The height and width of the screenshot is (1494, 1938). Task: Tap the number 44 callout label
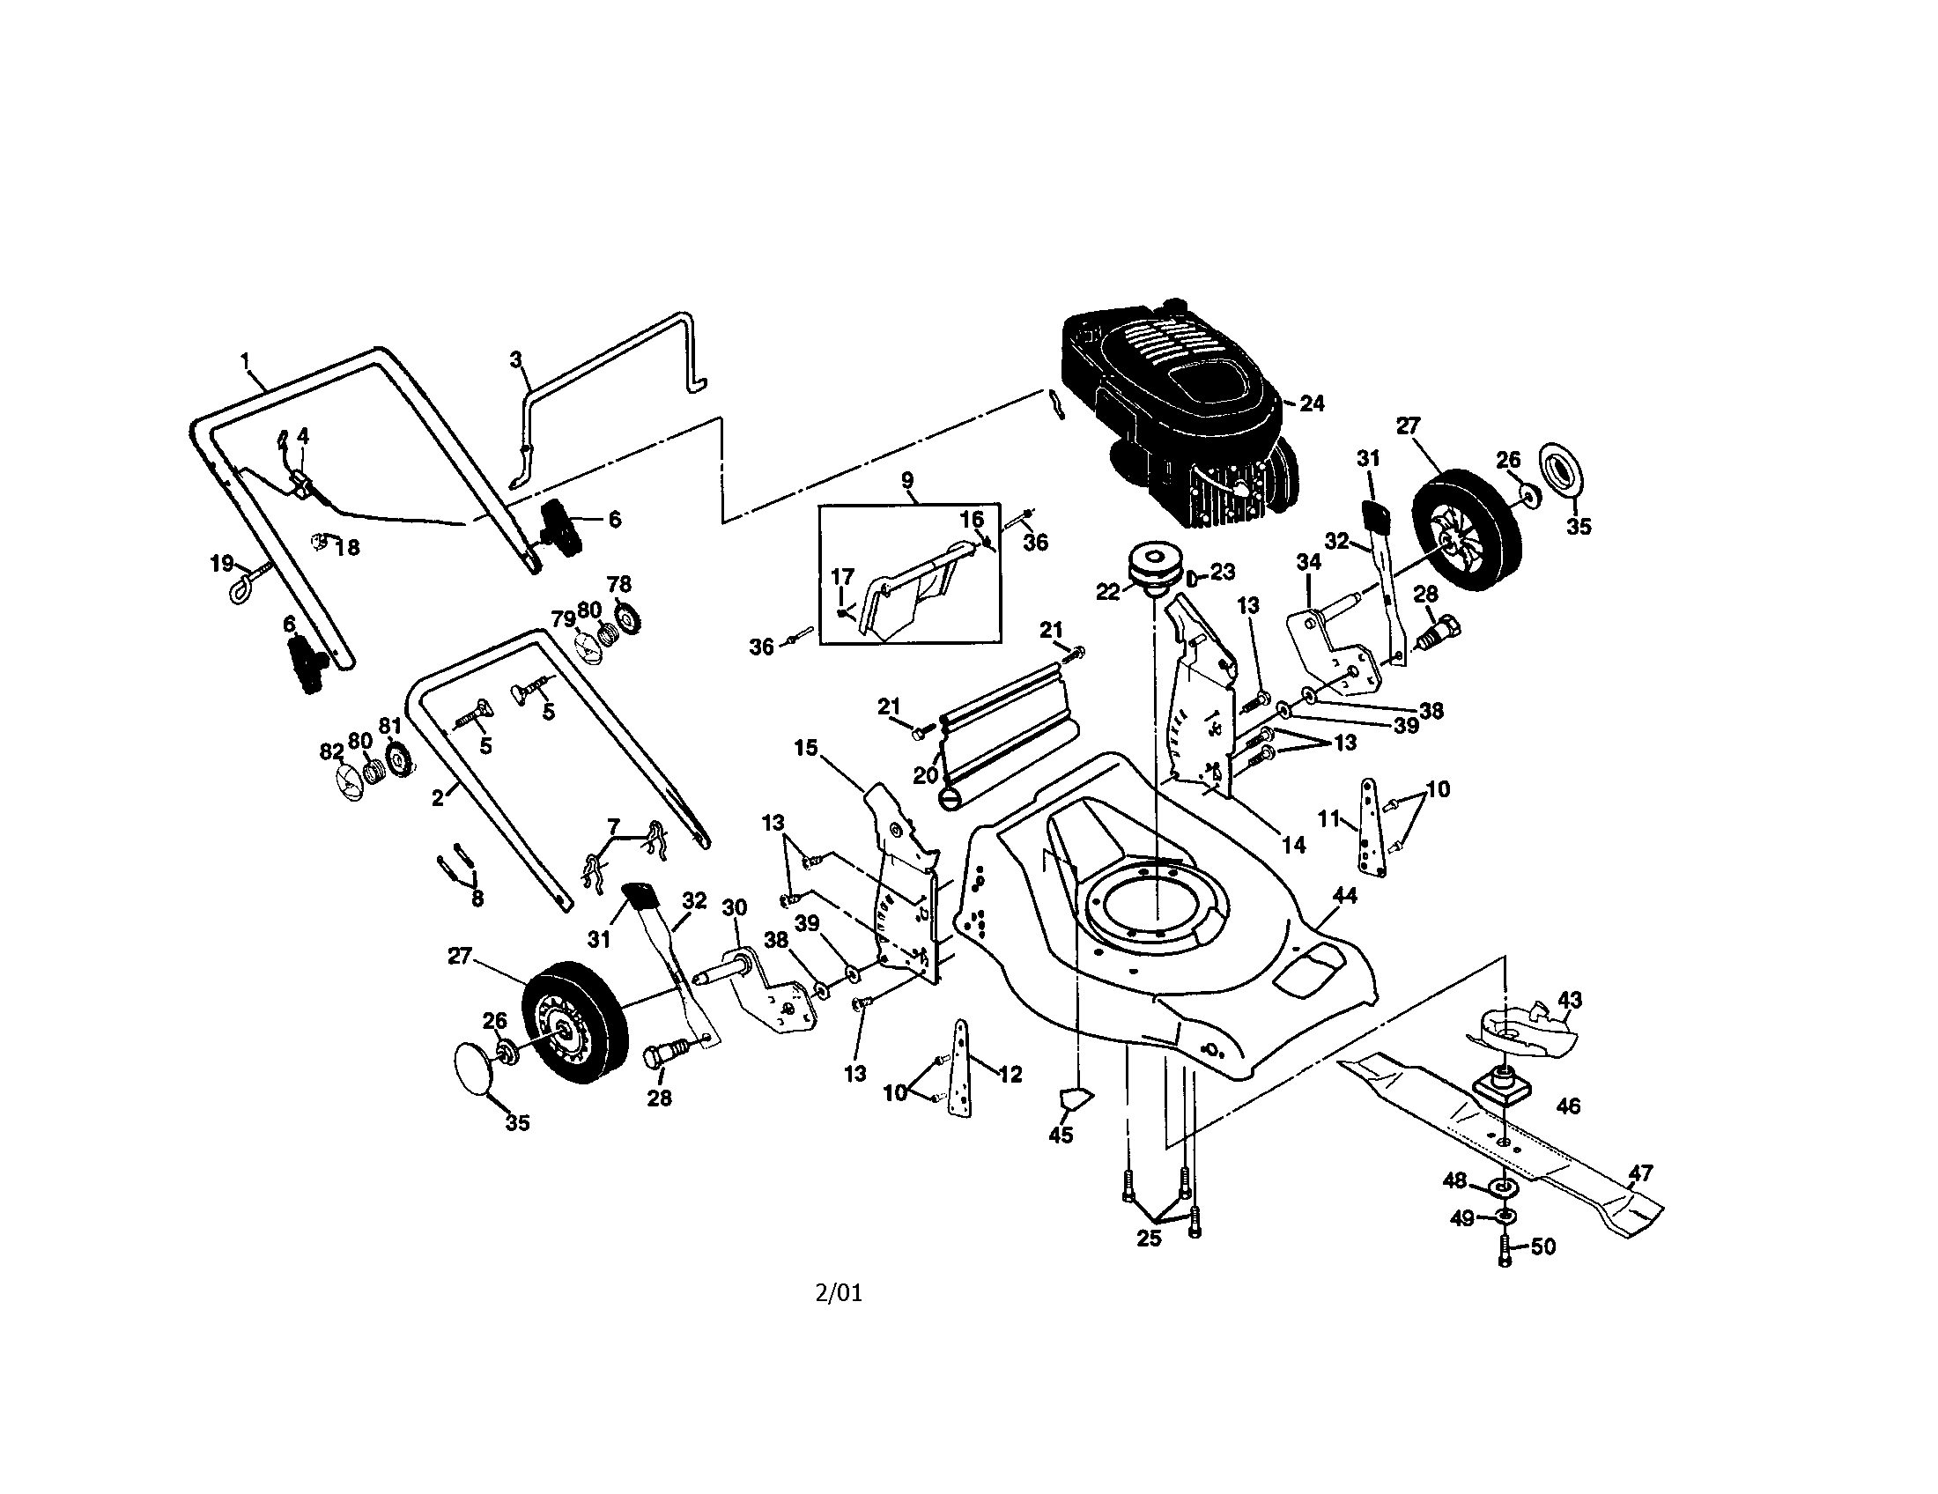(x=1345, y=896)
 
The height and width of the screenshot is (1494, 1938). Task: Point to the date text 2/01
(x=839, y=1292)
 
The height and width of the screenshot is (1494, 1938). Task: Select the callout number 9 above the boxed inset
(x=906, y=480)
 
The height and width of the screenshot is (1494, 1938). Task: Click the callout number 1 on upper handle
(x=246, y=360)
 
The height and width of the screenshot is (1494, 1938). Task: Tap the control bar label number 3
(x=515, y=359)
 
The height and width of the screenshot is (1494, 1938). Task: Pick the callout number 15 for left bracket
(x=806, y=748)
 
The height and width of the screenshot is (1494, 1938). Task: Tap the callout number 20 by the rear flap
(x=926, y=774)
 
